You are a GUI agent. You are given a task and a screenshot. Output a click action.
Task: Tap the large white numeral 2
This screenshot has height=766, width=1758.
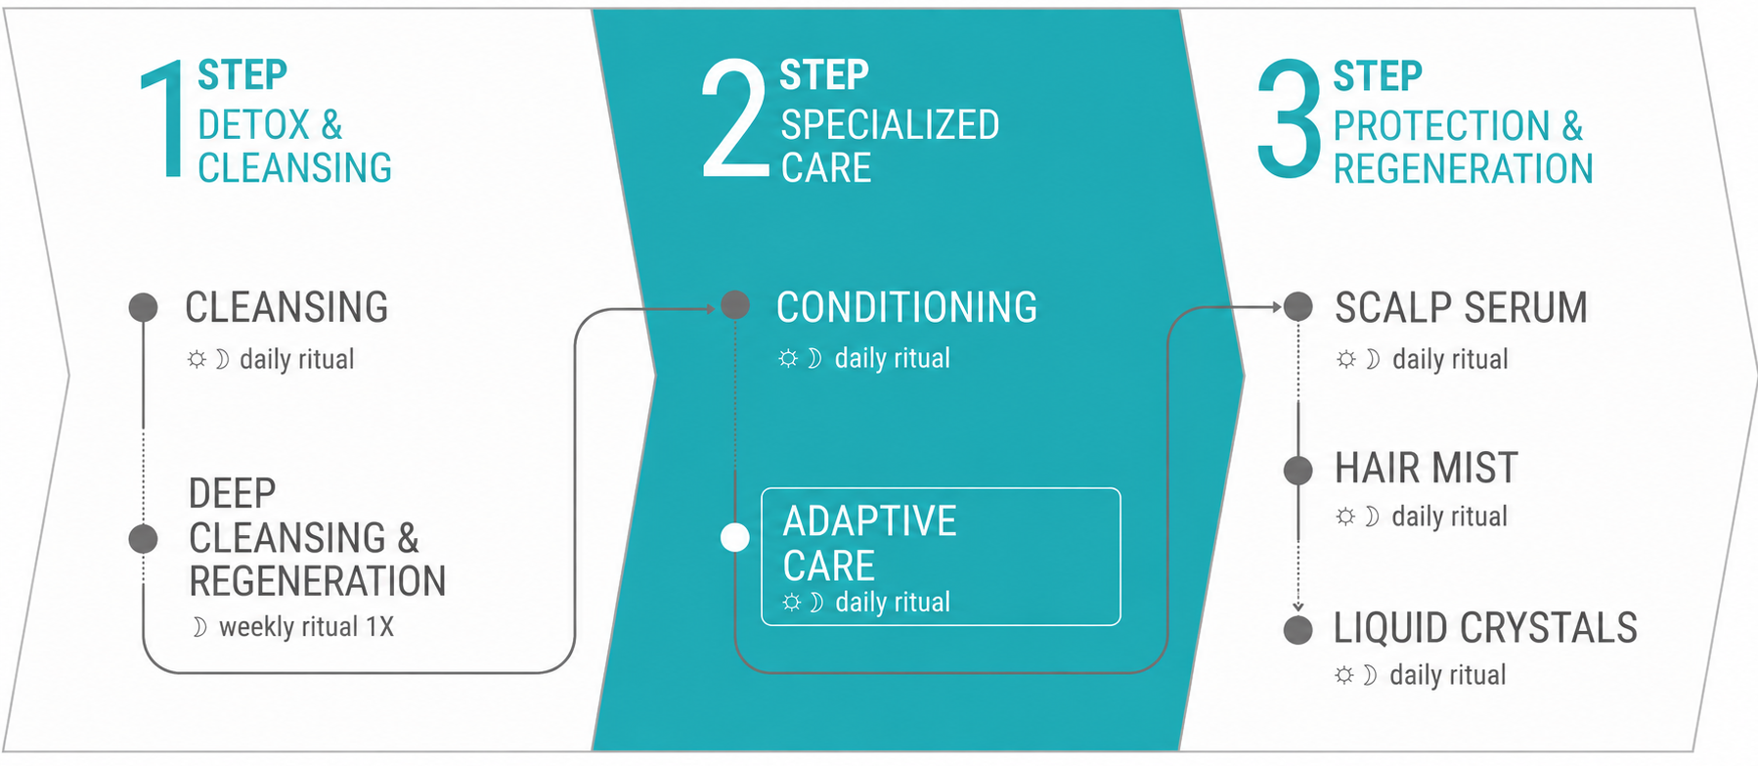(x=734, y=118)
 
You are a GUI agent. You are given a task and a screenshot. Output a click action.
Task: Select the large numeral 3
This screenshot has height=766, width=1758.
(x=1290, y=119)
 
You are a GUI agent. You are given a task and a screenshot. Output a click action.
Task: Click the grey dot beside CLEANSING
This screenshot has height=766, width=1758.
(x=144, y=307)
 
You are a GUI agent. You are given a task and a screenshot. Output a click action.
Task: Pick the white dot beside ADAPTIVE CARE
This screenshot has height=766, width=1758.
(x=735, y=537)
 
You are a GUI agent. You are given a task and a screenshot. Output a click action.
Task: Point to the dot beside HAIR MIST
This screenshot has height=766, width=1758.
(x=1297, y=471)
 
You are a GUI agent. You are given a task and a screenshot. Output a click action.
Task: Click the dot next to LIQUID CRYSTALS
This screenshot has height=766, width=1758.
(x=1297, y=630)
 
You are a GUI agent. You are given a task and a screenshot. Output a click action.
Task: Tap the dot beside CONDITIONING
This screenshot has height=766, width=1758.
(x=735, y=305)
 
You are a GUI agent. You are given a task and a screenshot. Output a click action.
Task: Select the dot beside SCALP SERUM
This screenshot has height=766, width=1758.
(x=1297, y=307)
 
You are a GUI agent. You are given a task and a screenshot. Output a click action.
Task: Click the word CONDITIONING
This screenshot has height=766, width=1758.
(x=906, y=307)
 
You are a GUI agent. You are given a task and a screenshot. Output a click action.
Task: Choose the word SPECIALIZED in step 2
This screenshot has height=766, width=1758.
(x=890, y=125)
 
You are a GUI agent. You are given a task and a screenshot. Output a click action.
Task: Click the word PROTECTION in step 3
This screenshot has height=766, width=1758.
(x=1441, y=126)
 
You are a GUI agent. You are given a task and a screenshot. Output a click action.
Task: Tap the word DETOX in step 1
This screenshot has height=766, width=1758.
(x=253, y=125)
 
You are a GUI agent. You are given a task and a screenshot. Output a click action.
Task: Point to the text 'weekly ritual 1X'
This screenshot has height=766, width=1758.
(x=306, y=626)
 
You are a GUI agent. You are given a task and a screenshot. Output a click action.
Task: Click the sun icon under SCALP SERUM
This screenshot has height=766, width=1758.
(x=1346, y=359)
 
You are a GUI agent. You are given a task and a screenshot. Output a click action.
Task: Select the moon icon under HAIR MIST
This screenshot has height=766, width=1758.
(x=1373, y=517)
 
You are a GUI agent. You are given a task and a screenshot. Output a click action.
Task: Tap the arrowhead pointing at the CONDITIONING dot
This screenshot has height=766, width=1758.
(x=711, y=309)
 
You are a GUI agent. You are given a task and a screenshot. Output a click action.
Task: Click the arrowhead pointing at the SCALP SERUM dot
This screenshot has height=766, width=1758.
(x=1276, y=307)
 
